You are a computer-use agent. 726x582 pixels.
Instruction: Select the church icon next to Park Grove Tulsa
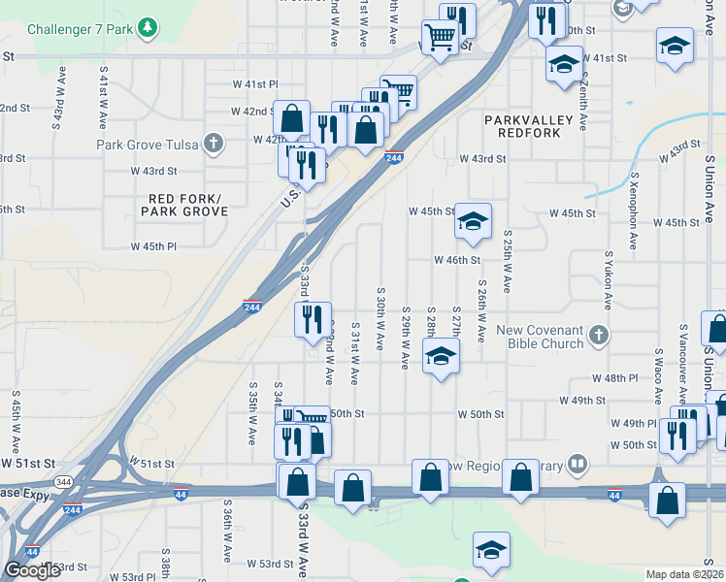click(214, 145)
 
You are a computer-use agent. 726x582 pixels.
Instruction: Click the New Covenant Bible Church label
click(540, 337)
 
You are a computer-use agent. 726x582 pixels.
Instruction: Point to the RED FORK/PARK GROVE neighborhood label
click(182, 205)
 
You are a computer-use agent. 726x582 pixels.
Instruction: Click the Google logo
click(33, 570)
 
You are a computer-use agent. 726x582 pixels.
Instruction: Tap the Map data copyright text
click(685, 574)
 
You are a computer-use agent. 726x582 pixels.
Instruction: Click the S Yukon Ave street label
click(609, 279)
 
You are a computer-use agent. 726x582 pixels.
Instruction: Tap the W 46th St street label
click(458, 260)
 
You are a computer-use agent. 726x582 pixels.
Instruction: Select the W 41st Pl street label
click(255, 85)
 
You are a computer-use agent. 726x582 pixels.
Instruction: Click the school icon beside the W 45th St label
click(473, 222)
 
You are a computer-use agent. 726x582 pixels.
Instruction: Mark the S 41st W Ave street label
click(102, 97)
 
